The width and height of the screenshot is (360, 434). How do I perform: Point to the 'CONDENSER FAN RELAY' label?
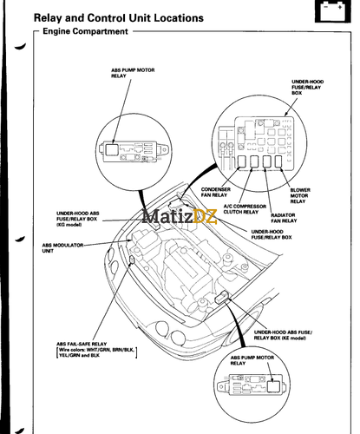click(x=215, y=192)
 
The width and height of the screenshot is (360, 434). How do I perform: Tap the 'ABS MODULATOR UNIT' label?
click(x=60, y=248)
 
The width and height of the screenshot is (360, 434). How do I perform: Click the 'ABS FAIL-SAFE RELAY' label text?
click(x=82, y=344)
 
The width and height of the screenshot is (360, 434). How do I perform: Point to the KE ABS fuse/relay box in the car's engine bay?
click(x=224, y=298)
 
